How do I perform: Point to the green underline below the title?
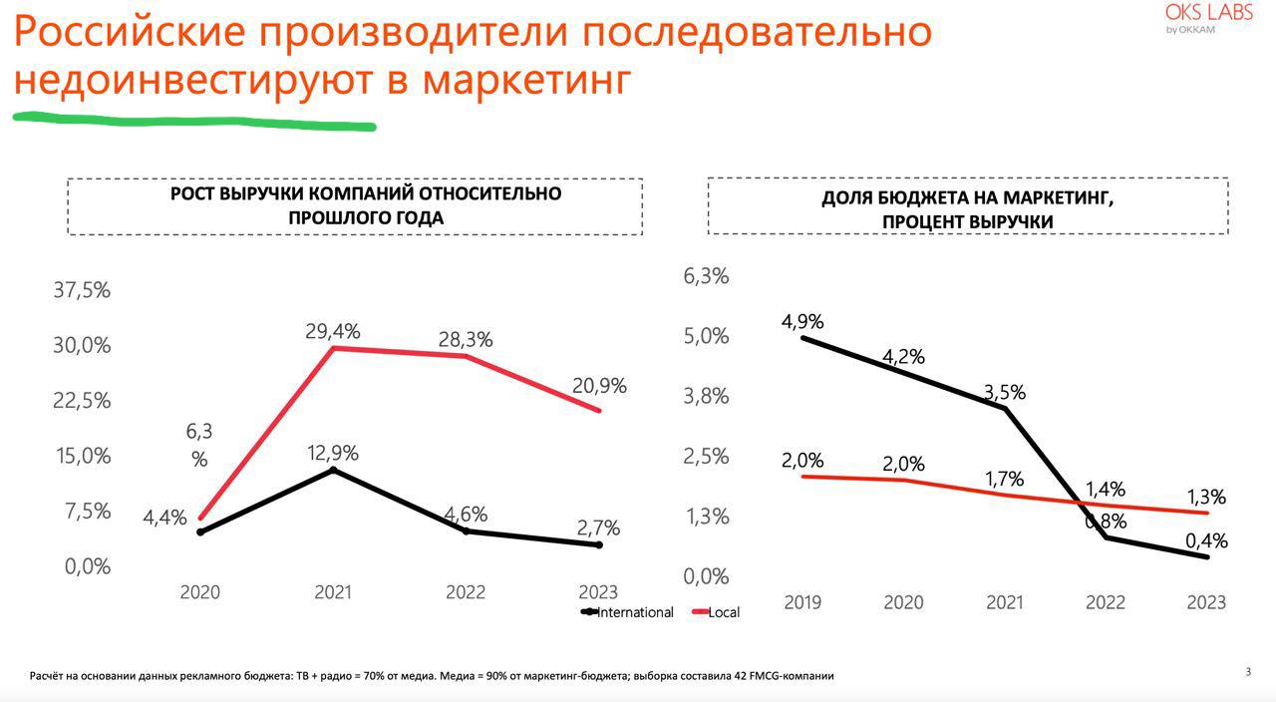tap(194, 122)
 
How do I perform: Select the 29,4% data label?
tap(332, 331)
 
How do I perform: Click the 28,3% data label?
tap(466, 339)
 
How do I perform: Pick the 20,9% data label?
tap(599, 386)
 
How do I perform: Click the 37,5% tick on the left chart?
tap(82, 290)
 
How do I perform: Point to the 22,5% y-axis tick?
tap(82, 401)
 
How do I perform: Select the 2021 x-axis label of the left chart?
tap(333, 591)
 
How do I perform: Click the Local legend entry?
tap(723, 612)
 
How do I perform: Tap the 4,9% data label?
tap(802, 322)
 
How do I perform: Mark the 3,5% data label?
tap(1004, 393)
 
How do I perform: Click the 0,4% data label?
tap(1206, 541)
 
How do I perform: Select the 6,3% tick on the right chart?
tap(706, 276)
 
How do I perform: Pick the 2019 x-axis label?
tap(803, 602)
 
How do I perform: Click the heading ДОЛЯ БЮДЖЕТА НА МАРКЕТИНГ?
tap(967, 197)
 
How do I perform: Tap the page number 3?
tap(1247, 672)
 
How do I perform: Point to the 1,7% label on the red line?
tap(1004, 480)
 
